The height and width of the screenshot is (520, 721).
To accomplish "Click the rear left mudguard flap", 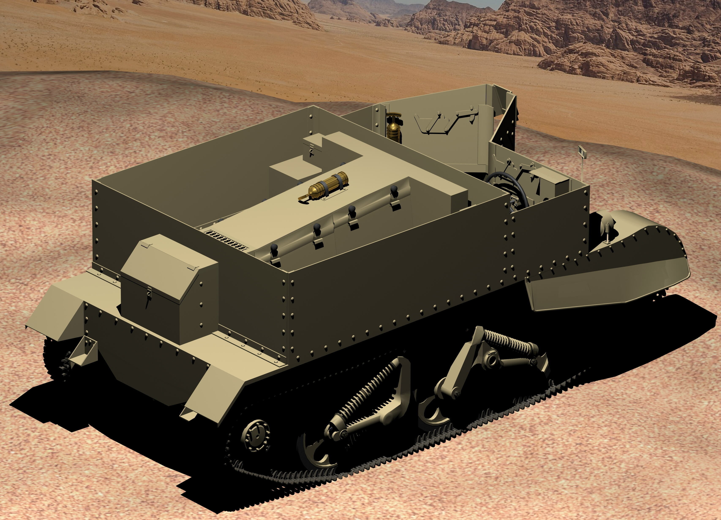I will pyautogui.click(x=54, y=310).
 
